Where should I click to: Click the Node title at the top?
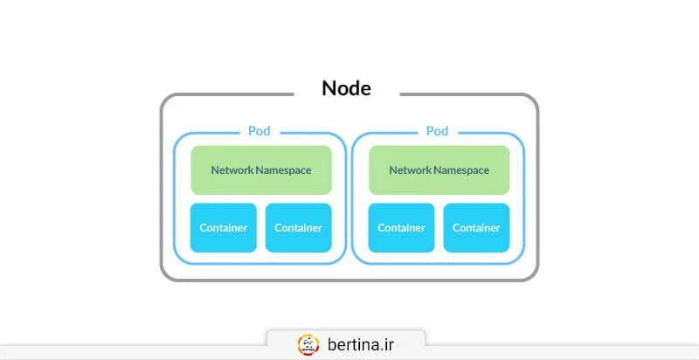(347, 88)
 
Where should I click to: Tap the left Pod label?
(259, 131)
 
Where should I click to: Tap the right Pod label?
(437, 131)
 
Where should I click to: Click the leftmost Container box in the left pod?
(224, 228)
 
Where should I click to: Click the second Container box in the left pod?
(298, 228)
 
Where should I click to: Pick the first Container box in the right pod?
(401, 228)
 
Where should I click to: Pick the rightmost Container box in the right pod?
(476, 228)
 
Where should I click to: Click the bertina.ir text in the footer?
(361, 343)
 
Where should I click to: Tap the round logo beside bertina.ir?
(308, 343)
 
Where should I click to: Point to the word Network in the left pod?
(232, 170)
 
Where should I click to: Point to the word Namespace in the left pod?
(283, 170)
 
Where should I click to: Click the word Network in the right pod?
(411, 170)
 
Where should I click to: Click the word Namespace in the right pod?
(461, 170)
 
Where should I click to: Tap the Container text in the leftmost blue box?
(224, 228)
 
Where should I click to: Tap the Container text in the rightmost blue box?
(476, 228)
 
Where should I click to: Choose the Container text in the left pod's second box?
(298, 228)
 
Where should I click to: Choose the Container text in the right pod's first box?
(401, 228)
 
